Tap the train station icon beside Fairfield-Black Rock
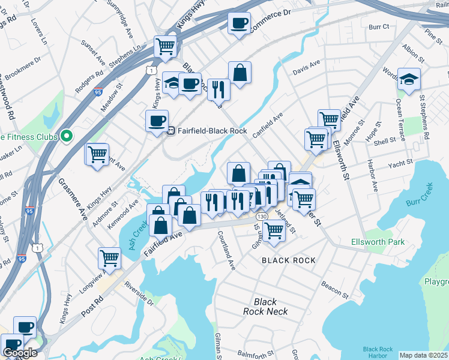click(171, 130)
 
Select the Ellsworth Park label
click(378, 242)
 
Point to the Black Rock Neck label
click(266, 307)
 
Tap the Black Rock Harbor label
click(378, 352)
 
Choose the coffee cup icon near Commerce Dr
click(239, 23)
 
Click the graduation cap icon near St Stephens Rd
click(409, 79)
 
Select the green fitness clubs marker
click(67, 136)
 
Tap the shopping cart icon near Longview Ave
click(110, 259)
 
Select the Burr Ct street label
click(379, 27)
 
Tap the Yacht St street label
click(400, 163)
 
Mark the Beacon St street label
click(335, 290)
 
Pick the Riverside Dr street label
click(139, 293)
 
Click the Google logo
click(20, 353)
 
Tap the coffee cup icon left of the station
click(157, 121)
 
